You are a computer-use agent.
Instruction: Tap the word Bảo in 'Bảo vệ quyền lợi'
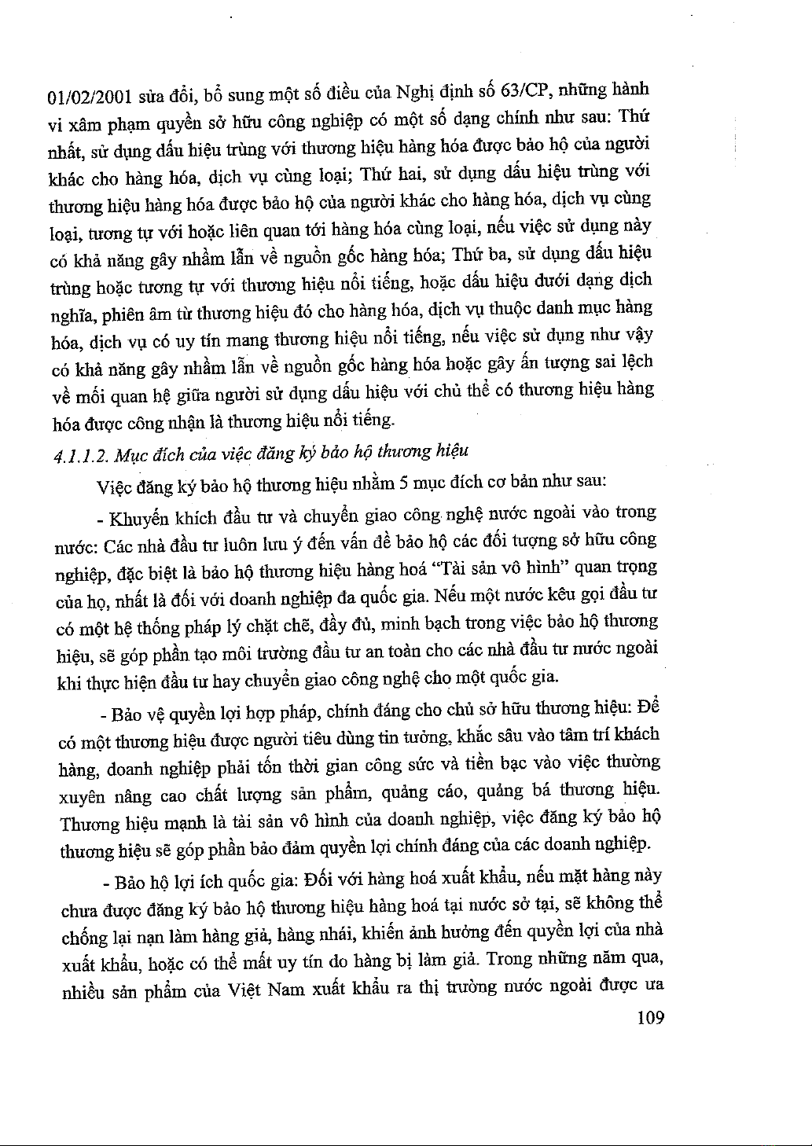pyautogui.click(x=126, y=715)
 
